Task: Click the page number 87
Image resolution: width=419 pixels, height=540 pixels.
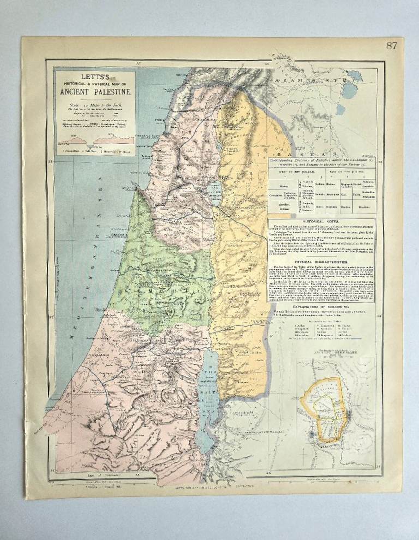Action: pyautogui.click(x=391, y=45)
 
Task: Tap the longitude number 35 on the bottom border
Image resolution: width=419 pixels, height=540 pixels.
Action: pyautogui.click(x=138, y=476)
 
